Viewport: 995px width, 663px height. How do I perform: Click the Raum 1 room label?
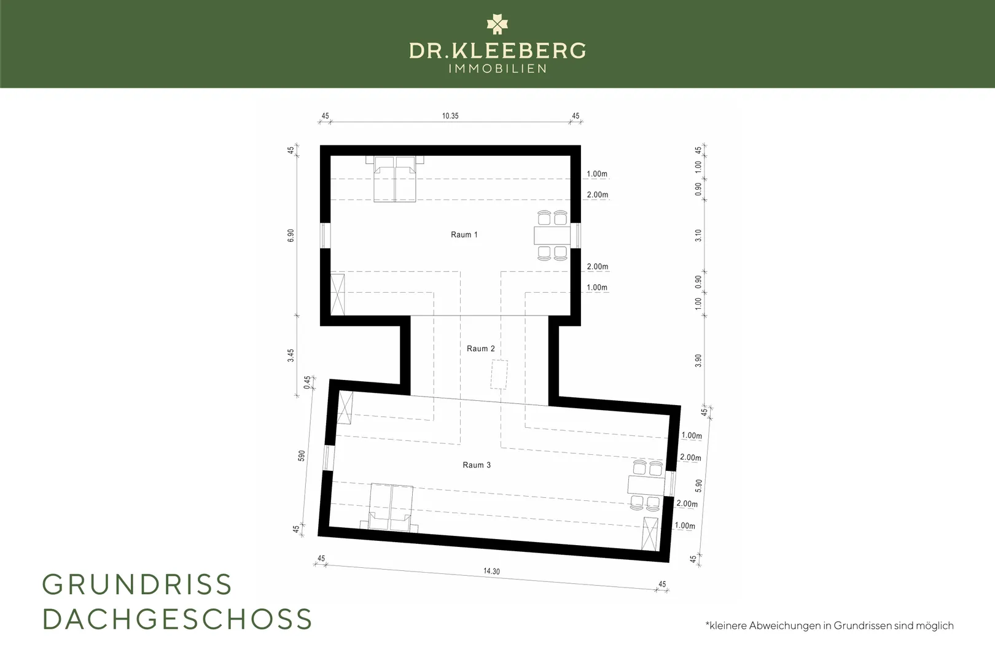point(464,235)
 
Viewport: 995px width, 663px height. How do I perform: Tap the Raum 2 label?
point(481,349)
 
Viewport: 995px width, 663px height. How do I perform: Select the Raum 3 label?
point(477,465)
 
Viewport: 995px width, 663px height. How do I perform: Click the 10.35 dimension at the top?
point(450,116)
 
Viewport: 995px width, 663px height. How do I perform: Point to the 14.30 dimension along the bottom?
point(492,571)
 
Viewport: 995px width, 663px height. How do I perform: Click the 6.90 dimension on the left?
point(291,235)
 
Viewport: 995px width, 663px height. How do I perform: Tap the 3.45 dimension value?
point(291,355)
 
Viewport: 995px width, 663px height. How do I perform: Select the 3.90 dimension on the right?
point(698,360)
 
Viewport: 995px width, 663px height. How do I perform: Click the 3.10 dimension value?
point(698,235)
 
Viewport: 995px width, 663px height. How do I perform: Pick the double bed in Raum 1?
point(395,179)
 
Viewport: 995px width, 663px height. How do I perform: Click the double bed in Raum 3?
point(389,508)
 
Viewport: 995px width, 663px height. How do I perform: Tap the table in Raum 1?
point(552,235)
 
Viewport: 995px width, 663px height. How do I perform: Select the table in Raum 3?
point(646,485)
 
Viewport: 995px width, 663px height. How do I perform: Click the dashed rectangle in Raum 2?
point(499,375)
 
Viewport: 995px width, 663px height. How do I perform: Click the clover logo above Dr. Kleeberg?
point(497,24)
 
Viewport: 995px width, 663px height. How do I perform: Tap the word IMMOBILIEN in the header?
point(497,68)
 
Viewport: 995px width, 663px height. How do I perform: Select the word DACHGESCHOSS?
point(178,619)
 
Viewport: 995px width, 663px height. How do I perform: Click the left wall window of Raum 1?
point(325,235)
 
